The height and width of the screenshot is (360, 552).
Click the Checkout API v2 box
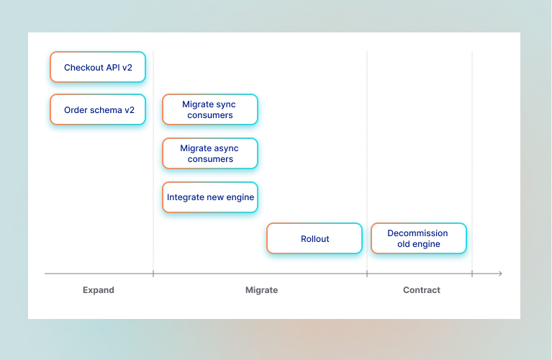(x=98, y=67)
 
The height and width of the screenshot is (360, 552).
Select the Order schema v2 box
(x=98, y=109)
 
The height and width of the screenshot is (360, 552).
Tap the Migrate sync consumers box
(x=209, y=109)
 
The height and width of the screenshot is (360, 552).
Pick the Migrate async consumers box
(x=209, y=153)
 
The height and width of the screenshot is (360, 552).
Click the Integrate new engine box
(x=209, y=197)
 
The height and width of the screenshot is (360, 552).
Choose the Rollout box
(x=315, y=238)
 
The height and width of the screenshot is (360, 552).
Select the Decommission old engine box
(x=418, y=238)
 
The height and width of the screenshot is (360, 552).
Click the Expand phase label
(x=99, y=290)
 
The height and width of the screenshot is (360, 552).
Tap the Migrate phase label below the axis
(x=261, y=290)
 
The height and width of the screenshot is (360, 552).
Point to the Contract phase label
(x=422, y=290)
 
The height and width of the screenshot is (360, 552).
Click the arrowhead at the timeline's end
(x=499, y=274)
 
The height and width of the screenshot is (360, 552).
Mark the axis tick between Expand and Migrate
(x=153, y=274)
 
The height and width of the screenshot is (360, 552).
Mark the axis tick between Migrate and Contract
(x=367, y=274)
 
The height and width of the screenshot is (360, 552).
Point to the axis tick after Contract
(x=472, y=274)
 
